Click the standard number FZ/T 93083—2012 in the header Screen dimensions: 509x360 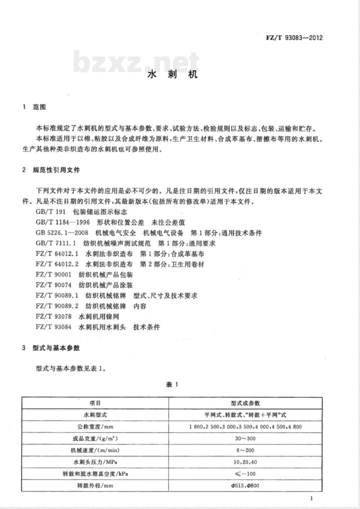pos(294,37)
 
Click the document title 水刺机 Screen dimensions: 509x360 pos(173,75)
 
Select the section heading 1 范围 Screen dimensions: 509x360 pos(35,107)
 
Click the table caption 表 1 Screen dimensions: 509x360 pos(172,385)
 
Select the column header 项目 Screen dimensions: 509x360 pos(95,403)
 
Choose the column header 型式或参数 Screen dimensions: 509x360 pos(245,403)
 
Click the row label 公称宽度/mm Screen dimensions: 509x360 pos(95,427)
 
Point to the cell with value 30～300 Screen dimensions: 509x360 pos(245,438)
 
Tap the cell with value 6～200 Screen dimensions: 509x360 pos(245,450)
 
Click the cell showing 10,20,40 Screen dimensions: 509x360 pos(245,462)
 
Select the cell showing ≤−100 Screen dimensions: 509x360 pos(245,474)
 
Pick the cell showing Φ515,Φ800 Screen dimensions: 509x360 pos(245,485)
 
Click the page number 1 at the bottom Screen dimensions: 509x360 pos(311,498)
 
